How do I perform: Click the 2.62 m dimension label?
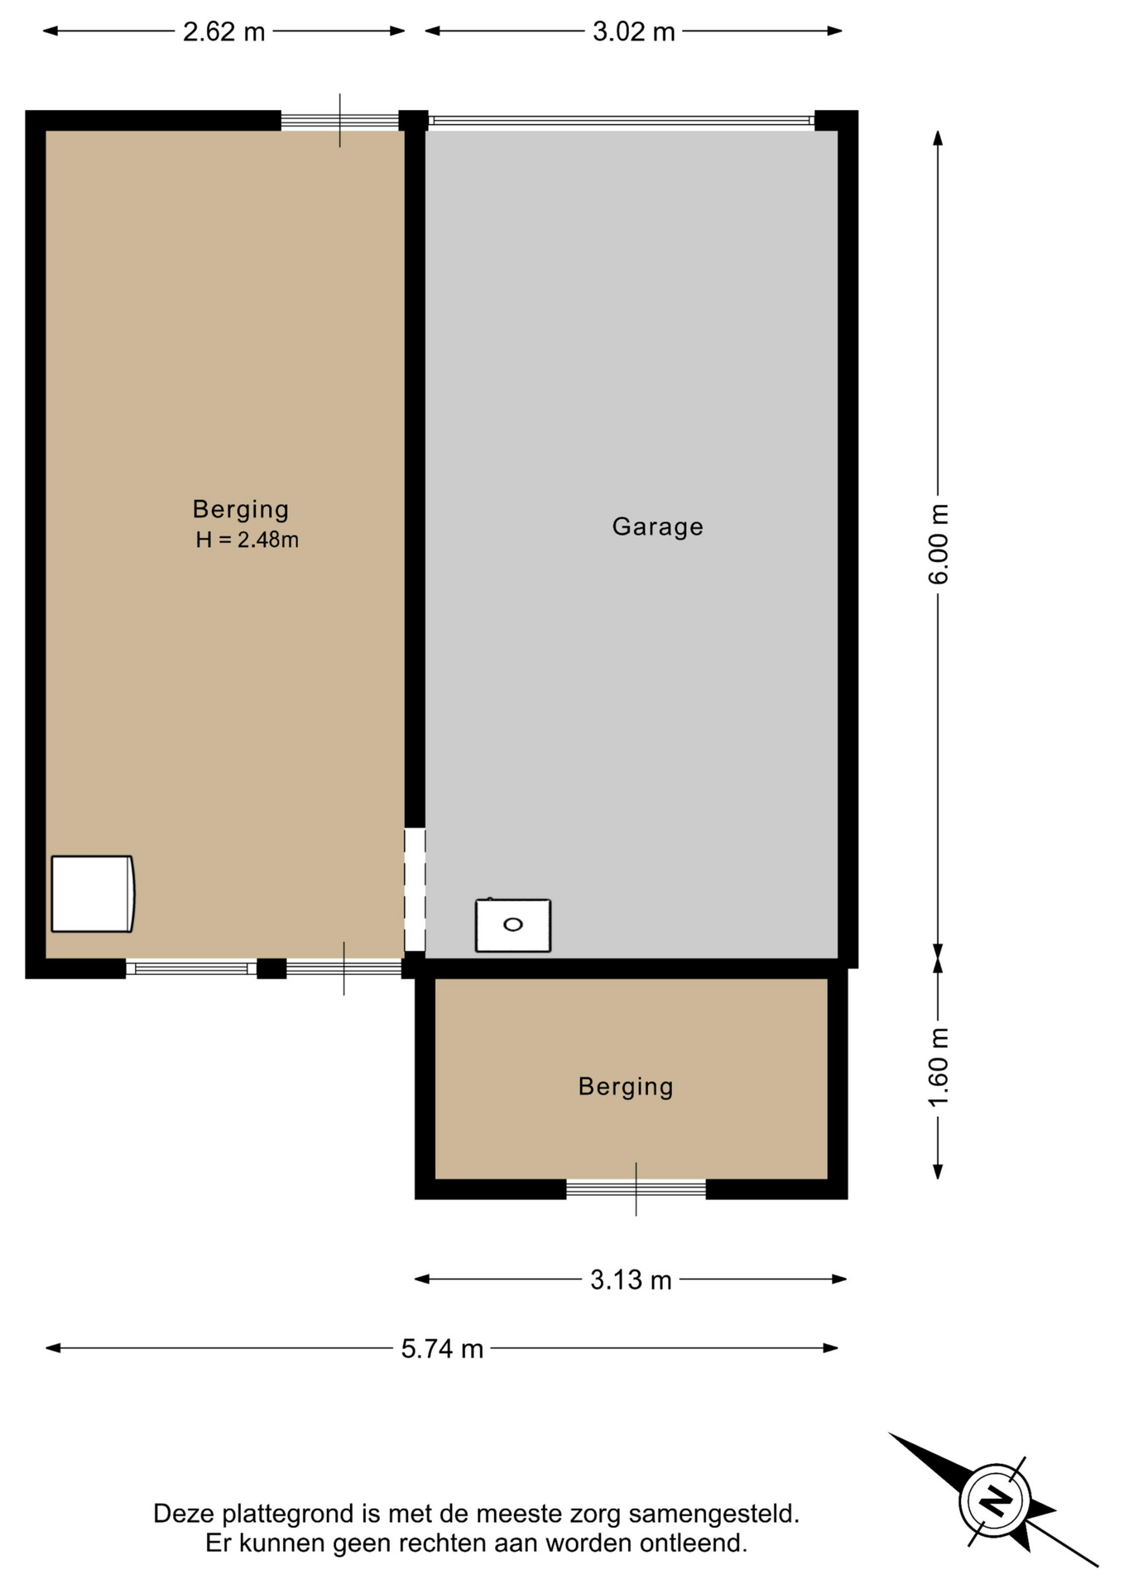[x=223, y=32]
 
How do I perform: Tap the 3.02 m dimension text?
[x=634, y=32]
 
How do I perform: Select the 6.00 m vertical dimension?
[x=938, y=544]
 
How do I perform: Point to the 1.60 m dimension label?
[x=938, y=1067]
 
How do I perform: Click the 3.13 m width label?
[x=631, y=1280]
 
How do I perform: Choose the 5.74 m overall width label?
[x=442, y=1349]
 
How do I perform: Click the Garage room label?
[x=658, y=526]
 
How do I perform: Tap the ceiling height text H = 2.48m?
[x=247, y=540]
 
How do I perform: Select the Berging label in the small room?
[x=626, y=1087]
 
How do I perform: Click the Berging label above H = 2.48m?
[x=241, y=509]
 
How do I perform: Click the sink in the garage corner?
[x=513, y=925]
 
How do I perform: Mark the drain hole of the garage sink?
[x=513, y=924]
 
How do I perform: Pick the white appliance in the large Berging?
[x=93, y=894]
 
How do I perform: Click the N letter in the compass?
[x=995, y=1500]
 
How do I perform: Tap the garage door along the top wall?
[x=622, y=121]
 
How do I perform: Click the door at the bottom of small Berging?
[x=636, y=1189]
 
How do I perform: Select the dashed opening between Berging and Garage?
[x=415, y=890]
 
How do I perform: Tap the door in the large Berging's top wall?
[x=339, y=121]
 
